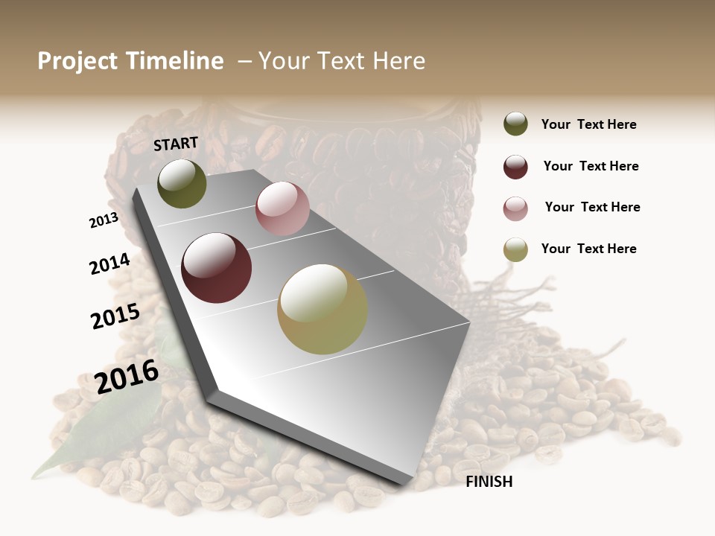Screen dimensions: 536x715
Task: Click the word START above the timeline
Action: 176,144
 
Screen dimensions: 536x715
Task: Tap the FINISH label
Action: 489,482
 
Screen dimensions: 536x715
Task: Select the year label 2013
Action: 104,220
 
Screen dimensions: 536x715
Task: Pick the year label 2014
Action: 109,264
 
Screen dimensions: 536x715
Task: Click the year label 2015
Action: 115,316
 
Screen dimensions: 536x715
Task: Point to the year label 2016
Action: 127,376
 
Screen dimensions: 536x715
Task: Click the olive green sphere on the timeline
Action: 182,184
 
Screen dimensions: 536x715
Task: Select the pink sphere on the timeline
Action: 282,208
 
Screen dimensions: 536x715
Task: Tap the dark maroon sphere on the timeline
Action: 216,268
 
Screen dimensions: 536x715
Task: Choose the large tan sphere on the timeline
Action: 322,309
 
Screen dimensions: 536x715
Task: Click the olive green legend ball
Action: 515,124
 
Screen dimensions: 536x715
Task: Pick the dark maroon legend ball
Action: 515,167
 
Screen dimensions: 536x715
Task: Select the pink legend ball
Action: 515,208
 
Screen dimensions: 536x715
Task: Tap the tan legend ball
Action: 515,250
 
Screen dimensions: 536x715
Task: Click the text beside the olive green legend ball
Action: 588,124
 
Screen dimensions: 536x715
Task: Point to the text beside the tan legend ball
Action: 588,249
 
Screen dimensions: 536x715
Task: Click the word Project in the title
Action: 77,61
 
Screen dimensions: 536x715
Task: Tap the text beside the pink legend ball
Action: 592,207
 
